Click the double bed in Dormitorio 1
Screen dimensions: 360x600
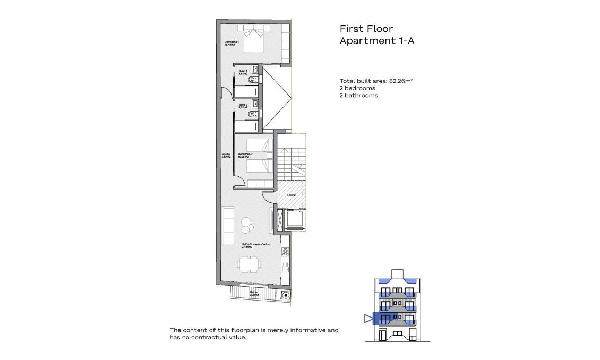[253, 40]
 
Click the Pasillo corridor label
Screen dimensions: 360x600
[226, 156]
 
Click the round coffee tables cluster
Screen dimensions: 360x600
[246, 225]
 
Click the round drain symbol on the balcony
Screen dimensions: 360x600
[286, 295]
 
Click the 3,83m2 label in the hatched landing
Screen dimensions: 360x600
[291, 195]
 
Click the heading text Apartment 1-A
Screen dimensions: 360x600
[376, 41]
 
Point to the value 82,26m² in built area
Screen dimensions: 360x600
[401, 81]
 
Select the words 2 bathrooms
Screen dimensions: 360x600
[358, 96]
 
